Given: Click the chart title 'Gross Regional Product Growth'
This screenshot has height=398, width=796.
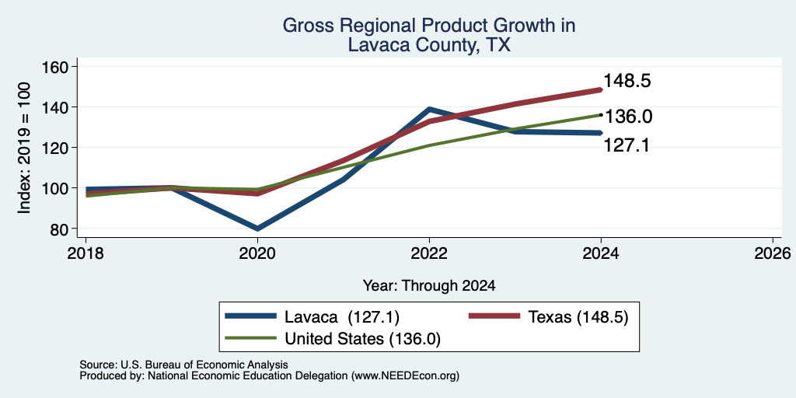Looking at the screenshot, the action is pyautogui.click(x=429, y=26).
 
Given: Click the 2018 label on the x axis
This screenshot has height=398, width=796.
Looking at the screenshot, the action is pyautogui.click(x=86, y=253).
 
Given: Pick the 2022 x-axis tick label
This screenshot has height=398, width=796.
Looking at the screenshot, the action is pyautogui.click(x=429, y=253).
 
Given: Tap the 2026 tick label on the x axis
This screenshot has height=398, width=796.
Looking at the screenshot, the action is pyautogui.click(x=773, y=253).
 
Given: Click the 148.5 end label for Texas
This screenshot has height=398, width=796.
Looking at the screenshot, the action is pyautogui.click(x=627, y=81).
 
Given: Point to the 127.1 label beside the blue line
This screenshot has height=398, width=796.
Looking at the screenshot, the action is pyautogui.click(x=627, y=145).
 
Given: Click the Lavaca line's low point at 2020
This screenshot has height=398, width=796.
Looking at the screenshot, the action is pyautogui.click(x=257, y=229).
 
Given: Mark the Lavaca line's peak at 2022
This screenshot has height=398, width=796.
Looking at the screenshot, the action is pyautogui.click(x=429, y=109).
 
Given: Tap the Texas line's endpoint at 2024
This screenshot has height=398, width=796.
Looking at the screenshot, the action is pyautogui.click(x=601, y=90).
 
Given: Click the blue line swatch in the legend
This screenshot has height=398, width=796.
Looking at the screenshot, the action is pyautogui.click(x=251, y=316).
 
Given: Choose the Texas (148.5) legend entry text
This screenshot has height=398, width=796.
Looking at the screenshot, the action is pyautogui.click(x=578, y=317).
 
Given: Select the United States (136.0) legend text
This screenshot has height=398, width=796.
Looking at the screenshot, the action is pyautogui.click(x=362, y=339).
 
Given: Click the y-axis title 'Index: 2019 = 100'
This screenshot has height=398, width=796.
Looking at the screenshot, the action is pyautogui.click(x=24, y=148).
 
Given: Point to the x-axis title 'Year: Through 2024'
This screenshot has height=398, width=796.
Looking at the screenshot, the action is pyautogui.click(x=429, y=286).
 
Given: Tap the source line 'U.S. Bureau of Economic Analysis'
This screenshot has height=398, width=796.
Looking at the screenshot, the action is pyautogui.click(x=204, y=365).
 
